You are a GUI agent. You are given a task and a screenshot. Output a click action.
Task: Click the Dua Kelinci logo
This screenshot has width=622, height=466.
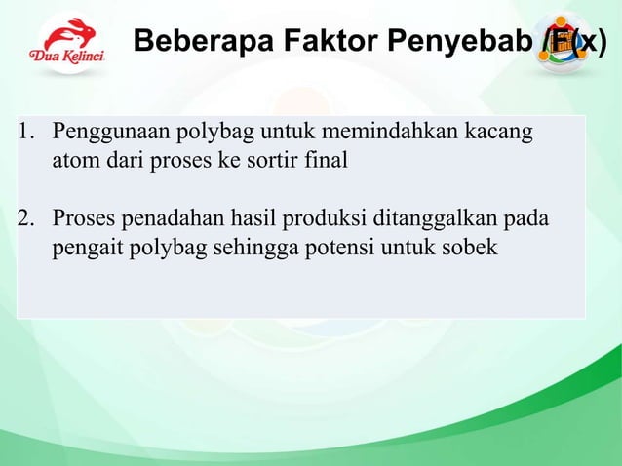tap(66, 44)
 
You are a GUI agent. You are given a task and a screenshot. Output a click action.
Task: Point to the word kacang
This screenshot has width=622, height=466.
tap(502, 133)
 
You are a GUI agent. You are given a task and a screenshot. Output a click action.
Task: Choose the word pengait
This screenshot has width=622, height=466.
tap(86, 248)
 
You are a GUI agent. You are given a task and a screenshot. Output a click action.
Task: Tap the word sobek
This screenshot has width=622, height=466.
tap(470, 248)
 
